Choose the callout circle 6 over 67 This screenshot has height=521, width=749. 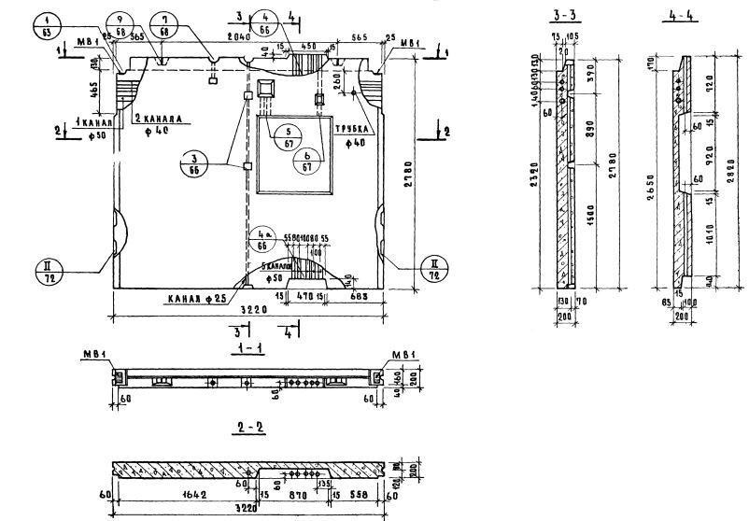point(308,160)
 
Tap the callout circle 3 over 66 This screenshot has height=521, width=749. point(193,165)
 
